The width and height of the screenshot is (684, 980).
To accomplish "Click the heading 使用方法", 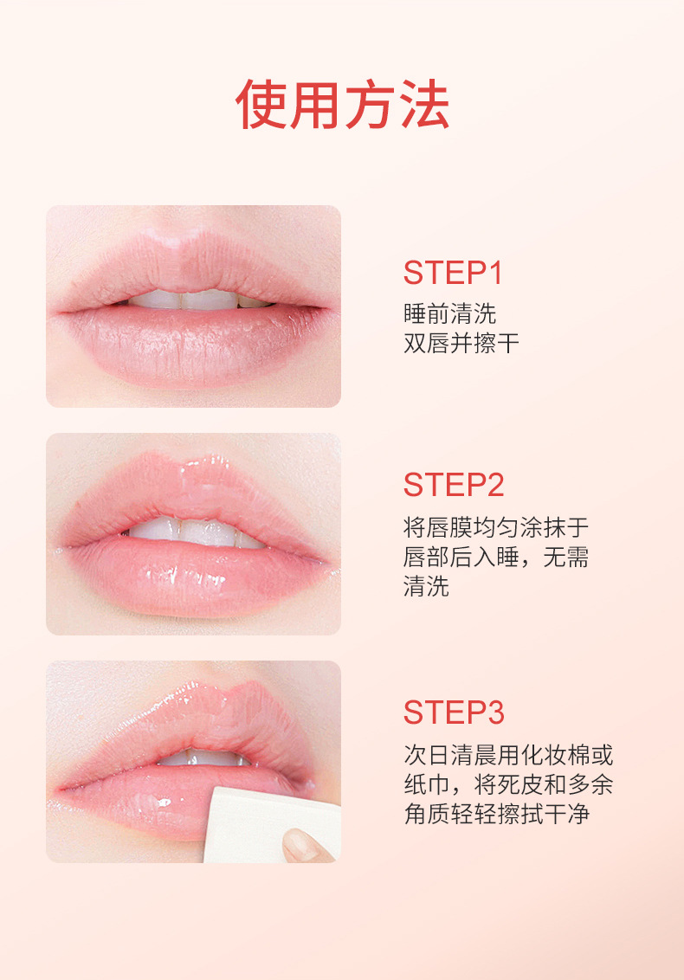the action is point(342,105).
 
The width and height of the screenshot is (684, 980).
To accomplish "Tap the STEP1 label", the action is point(454,273).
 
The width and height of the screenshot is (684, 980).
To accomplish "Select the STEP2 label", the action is point(454,485).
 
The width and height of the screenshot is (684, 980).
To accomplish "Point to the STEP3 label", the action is point(454,712).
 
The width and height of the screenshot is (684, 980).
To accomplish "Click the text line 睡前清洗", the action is point(450,313).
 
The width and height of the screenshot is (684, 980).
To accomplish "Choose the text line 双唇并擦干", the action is point(461,343).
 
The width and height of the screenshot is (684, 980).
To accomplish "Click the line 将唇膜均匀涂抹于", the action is point(496,527).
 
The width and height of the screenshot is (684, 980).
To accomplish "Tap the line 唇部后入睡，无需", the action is point(496,557).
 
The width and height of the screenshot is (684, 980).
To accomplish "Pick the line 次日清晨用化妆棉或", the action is point(508,755).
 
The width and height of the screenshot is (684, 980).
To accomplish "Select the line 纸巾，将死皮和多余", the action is point(508,784).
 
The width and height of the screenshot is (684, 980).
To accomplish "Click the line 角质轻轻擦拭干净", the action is point(497,814).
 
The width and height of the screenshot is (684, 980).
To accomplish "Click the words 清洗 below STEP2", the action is point(426,586).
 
